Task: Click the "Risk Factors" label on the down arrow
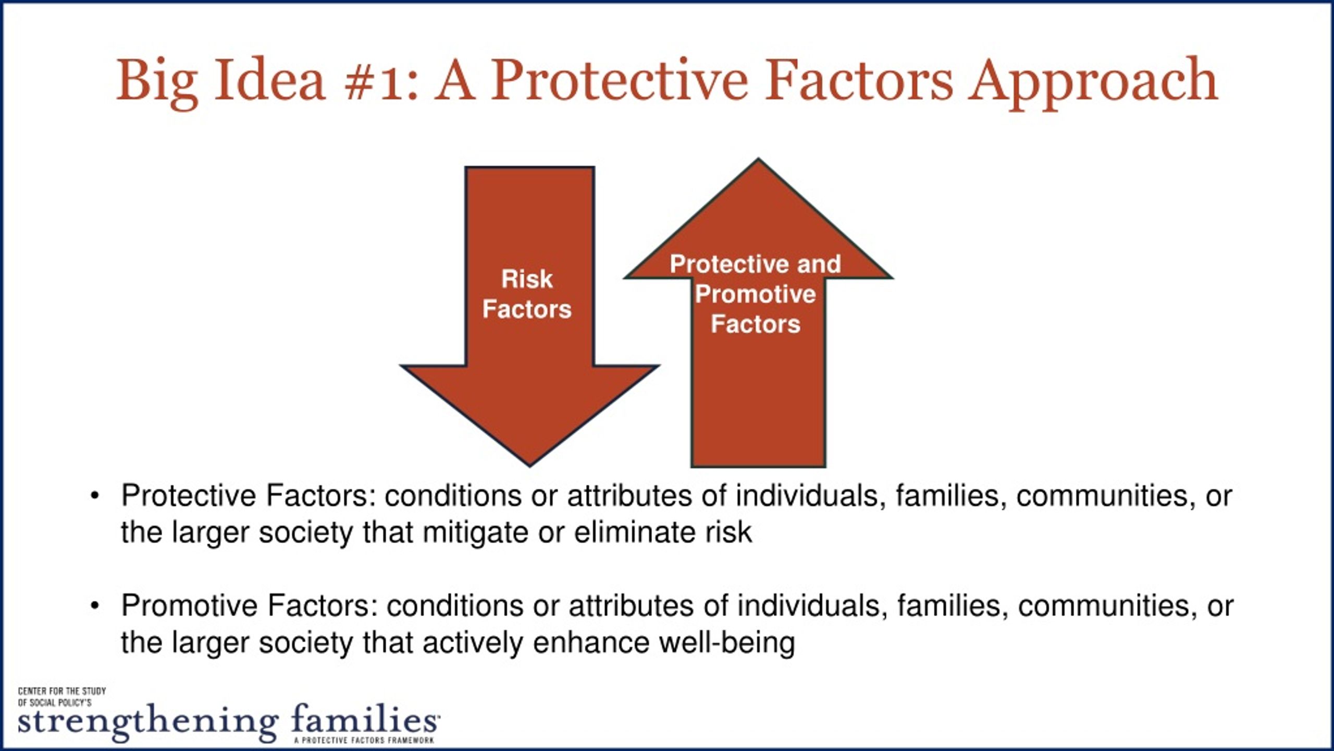(527, 294)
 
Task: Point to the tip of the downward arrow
(530, 465)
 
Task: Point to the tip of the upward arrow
(758, 159)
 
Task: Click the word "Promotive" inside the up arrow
(756, 295)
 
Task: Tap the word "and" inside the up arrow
(819, 264)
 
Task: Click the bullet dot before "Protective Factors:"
(94, 496)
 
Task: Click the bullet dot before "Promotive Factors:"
(94, 606)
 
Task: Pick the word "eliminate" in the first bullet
(635, 532)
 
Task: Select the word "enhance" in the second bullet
(591, 643)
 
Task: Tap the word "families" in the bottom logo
(365, 719)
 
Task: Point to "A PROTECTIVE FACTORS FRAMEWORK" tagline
(364, 740)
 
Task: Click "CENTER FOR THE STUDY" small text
(62, 691)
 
